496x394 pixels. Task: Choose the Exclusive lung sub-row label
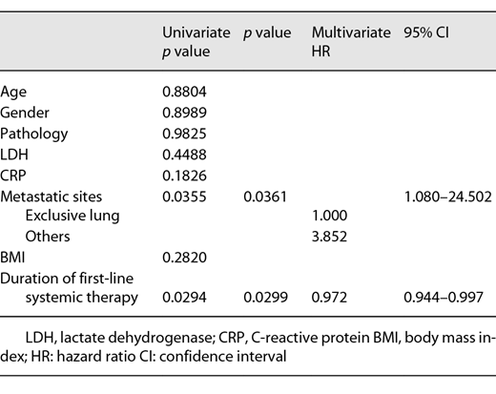tap(72, 217)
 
